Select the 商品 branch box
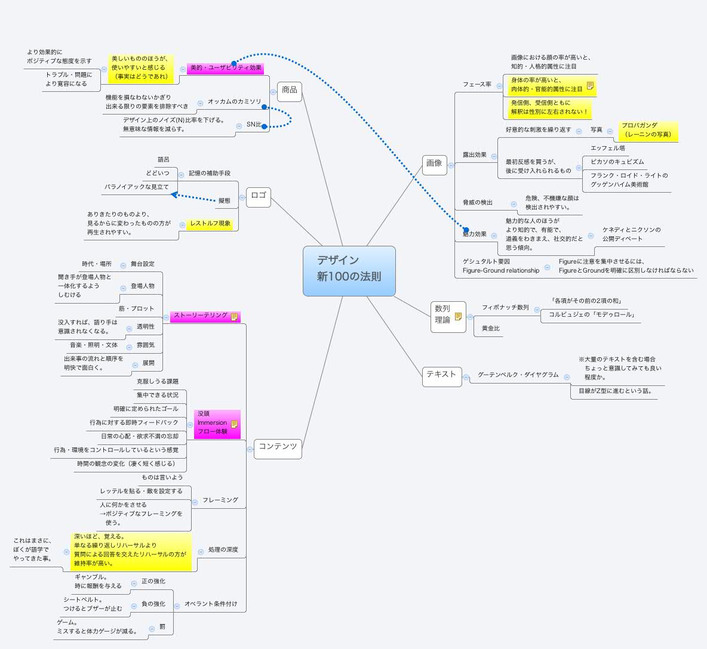pos(290,90)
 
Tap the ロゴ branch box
pos(259,196)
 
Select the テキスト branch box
pos(441,375)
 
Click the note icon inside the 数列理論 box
pos(458,316)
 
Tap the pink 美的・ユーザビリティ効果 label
pos(226,69)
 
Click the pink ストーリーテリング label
pos(201,316)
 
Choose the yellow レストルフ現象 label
pos(210,224)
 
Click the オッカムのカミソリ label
pos(234,102)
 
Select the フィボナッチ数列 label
pos(505,308)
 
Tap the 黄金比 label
pos(490,329)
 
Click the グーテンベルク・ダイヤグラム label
pos(518,375)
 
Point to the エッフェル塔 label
pos(607,148)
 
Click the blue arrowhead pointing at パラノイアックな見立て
pos(174,194)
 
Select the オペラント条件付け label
pos(210,604)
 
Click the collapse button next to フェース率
pos(499,85)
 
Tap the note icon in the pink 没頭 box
pos(234,424)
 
